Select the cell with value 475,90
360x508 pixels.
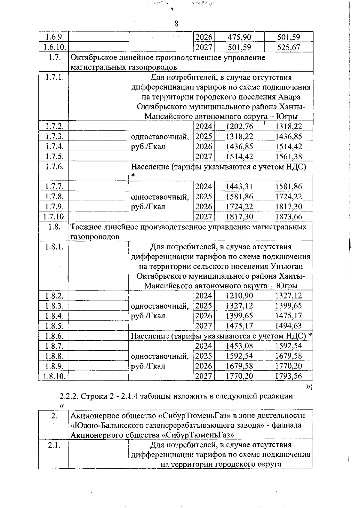coord(239,37)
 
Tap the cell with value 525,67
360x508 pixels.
coord(288,47)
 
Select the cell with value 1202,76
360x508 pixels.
coord(239,127)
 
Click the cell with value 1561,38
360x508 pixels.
coord(288,157)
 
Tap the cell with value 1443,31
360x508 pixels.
coord(239,187)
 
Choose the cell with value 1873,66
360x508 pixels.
coord(288,217)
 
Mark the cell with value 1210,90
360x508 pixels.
coord(239,296)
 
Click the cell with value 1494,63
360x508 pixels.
coord(288,326)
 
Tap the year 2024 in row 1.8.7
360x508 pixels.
coord(203,346)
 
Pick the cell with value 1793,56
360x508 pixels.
coord(288,376)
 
